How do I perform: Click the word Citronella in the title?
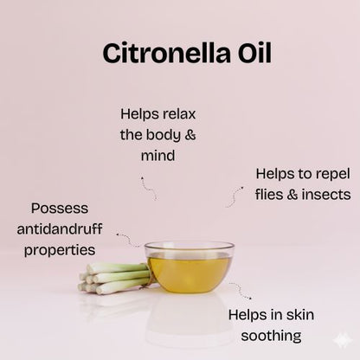tap(163, 52)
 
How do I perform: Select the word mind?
tap(157, 157)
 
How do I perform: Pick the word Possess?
tap(59, 209)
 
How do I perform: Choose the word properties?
tap(60, 250)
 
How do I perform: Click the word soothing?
tap(267, 336)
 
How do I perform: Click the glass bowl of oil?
tap(189, 268)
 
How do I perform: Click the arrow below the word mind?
tap(149, 187)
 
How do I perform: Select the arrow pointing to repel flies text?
tap(235, 196)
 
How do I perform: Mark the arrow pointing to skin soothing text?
tap(241, 291)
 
